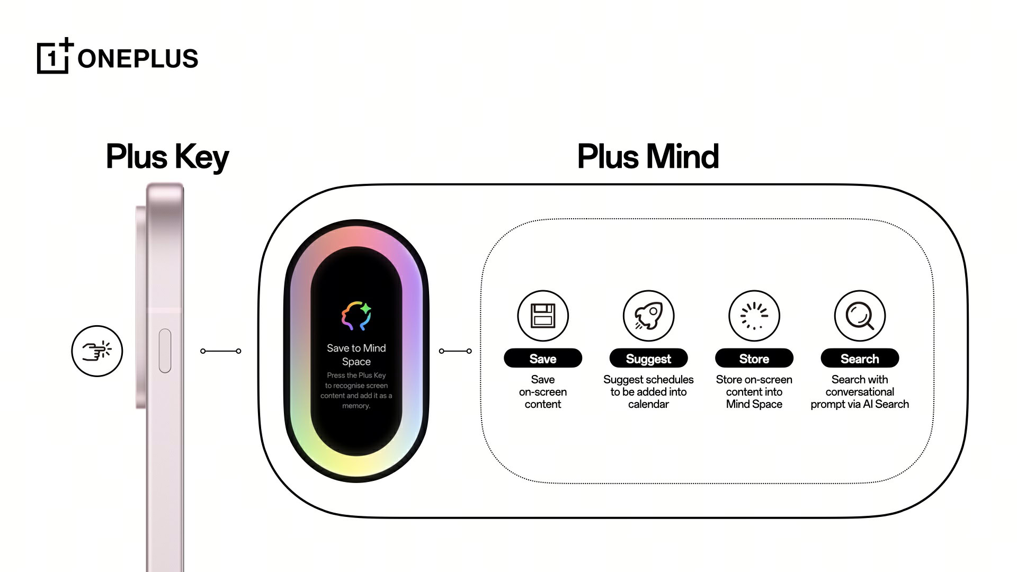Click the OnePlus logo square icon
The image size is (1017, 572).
coord(53,57)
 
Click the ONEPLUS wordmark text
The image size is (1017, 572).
coord(138,58)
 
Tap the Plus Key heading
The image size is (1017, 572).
coord(167,157)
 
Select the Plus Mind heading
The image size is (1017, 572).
coord(648,157)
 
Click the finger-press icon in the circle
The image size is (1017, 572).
coord(97,351)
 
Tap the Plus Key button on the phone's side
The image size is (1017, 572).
coord(165,351)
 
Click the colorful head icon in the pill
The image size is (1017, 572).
coord(356,316)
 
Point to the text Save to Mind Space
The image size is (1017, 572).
coord(356,355)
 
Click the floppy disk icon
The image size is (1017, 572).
coord(543,316)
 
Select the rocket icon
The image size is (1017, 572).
coord(648,316)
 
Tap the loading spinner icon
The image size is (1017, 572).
coord(754,316)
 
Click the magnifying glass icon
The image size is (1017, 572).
coord(860,316)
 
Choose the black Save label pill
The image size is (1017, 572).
coord(543,359)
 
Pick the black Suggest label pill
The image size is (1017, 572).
coord(648,359)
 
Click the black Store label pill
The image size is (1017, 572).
coord(754,359)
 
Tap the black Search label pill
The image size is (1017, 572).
coord(860,359)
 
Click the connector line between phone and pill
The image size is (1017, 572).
coord(221,351)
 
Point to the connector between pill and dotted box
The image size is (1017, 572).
coord(456,351)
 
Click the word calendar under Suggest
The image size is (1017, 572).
coord(648,404)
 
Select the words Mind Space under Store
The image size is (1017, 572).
coord(754,404)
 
